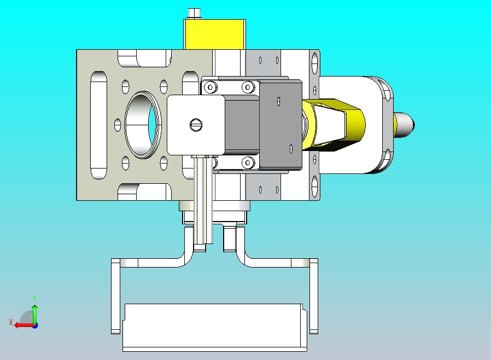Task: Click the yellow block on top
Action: click(214, 34)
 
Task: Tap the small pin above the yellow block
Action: click(195, 14)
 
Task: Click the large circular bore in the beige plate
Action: click(143, 125)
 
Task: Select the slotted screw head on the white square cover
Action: click(196, 125)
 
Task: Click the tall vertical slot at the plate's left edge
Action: click(98, 125)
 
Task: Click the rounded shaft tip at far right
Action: click(404, 125)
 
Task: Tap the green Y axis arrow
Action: click(35, 314)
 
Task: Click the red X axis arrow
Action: click(25, 325)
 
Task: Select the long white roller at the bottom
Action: click(215, 327)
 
